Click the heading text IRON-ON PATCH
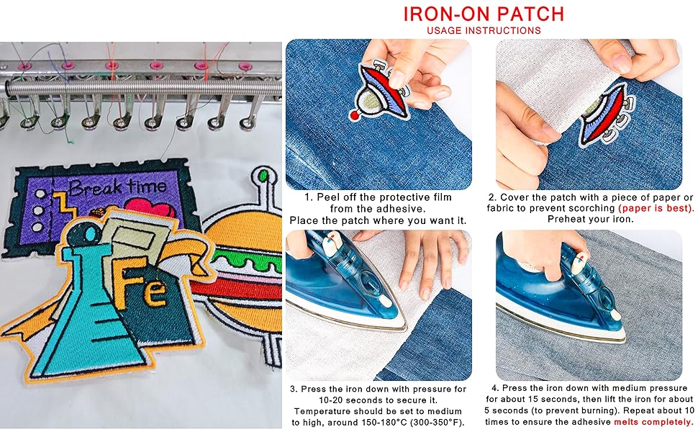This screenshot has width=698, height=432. coord(484,14)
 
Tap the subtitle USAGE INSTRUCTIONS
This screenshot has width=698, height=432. coord(484,31)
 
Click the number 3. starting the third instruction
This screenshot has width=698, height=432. coord(294,389)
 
